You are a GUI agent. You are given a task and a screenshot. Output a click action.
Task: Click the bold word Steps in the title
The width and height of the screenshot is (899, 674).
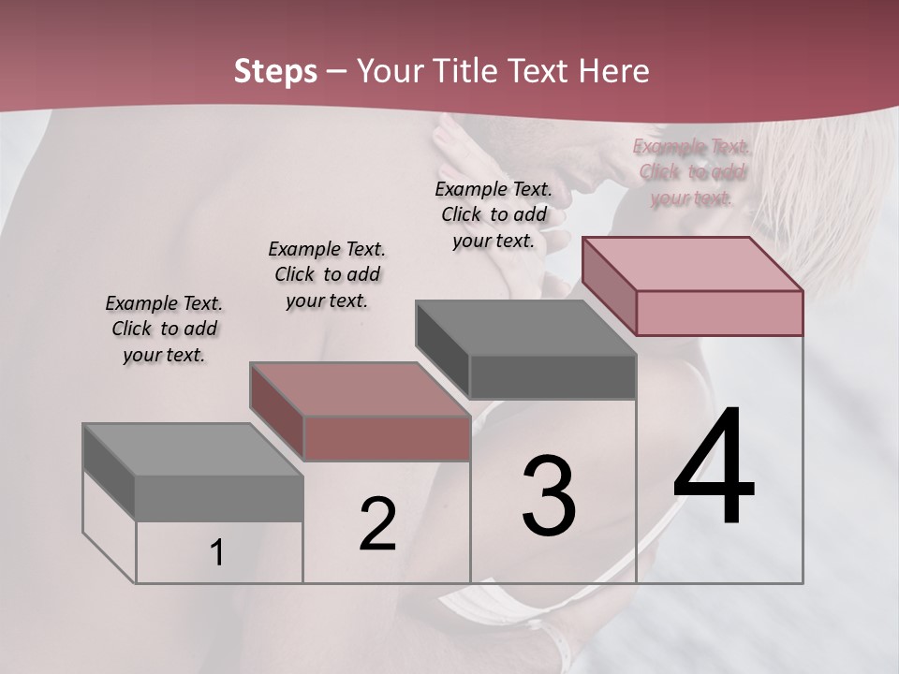pos(275,71)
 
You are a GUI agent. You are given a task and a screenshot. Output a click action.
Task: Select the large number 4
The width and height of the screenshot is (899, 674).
pos(714,468)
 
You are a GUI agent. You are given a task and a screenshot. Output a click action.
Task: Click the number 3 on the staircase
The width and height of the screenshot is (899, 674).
pos(549,496)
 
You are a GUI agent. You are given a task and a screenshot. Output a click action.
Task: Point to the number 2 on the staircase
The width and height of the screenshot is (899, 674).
pos(377,524)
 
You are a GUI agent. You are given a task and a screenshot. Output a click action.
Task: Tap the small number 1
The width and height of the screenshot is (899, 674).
pos(217,553)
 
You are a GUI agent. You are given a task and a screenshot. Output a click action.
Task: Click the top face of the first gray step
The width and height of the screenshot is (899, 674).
pos(192,449)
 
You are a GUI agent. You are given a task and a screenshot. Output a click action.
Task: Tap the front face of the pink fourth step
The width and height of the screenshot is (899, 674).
pos(719,313)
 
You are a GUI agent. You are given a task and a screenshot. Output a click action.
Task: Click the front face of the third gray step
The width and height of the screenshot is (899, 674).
pos(553,376)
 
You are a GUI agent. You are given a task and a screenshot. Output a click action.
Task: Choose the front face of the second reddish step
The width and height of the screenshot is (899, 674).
pos(387,438)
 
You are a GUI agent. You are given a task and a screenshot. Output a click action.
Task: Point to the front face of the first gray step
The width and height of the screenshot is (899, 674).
pos(219,498)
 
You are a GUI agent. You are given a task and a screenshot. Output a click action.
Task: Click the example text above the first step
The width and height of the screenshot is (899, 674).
pos(164,329)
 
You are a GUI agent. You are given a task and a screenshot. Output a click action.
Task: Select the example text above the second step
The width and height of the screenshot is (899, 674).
pos(327,274)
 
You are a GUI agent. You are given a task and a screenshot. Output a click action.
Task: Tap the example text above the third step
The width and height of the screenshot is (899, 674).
pos(494,214)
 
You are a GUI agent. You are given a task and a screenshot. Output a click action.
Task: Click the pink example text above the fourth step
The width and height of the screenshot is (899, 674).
pos(691,171)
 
